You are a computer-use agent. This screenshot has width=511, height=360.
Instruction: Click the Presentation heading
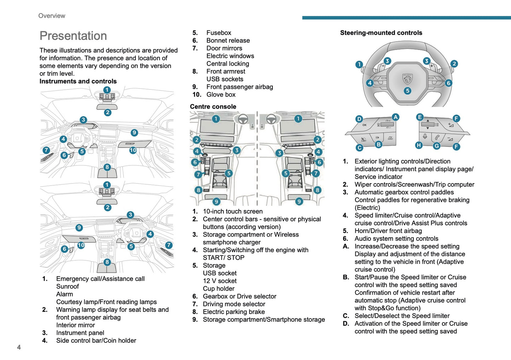click(x=73, y=36)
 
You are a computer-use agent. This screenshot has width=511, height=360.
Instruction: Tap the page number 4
click(x=19, y=347)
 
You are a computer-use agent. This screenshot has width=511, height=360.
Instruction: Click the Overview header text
click(x=52, y=16)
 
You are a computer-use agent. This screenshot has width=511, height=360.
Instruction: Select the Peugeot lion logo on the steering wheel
click(x=407, y=79)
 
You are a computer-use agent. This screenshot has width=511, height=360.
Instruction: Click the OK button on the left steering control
click(x=364, y=125)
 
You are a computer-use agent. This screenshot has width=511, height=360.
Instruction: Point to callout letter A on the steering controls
click(x=395, y=117)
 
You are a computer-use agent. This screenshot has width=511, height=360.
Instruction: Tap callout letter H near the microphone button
click(x=419, y=145)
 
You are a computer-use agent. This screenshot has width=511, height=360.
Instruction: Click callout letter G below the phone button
click(x=437, y=146)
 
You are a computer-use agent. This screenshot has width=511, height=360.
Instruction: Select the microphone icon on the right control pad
click(x=425, y=137)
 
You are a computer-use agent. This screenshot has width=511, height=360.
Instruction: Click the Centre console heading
click(x=213, y=106)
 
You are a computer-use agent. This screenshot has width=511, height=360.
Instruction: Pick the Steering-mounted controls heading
click(x=381, y=33)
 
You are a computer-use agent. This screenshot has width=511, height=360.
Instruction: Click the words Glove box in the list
click(x=221, y=94)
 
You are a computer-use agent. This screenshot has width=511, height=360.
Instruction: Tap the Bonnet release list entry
click(x=228, y=40)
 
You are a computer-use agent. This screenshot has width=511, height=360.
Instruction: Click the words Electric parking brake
click(x=234, y=312)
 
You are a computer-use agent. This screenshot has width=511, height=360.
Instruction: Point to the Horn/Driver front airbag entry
click(x=388, y=231)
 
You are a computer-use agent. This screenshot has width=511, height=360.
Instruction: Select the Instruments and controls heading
click(x=78, y=81)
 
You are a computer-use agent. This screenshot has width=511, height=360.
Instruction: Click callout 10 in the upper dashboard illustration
click(x=133, y=150)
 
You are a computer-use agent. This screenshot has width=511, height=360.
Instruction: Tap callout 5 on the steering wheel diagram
click(x=407, y=91)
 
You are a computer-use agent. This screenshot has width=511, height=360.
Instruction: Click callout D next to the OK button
click(x=359, y=119)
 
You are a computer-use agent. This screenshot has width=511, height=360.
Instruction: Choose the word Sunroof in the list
click(x=68, y=286)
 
